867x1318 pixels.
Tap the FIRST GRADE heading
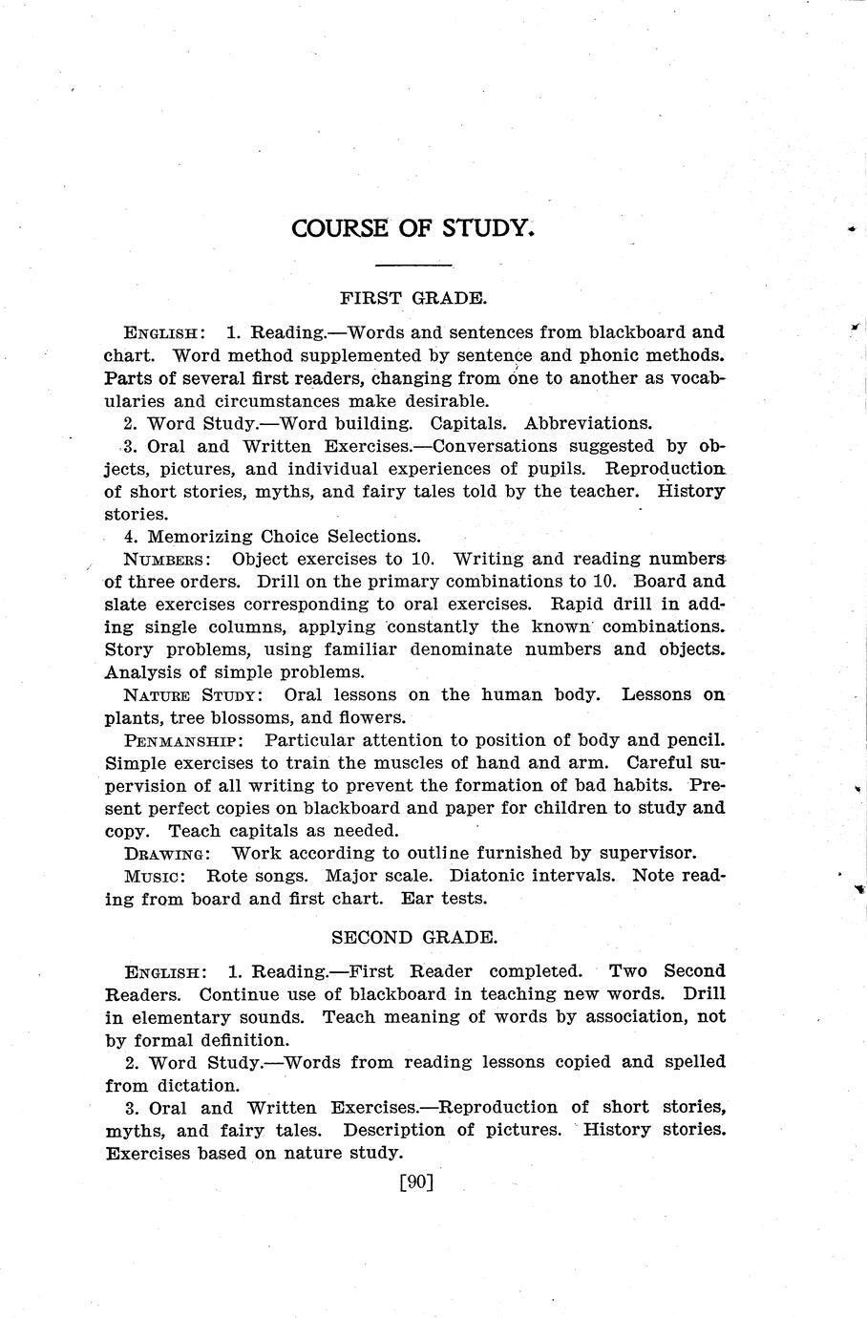pos(413,297)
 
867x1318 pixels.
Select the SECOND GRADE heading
pos(413,937)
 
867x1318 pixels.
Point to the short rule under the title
pos(413,265)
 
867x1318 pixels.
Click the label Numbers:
pos(167,559)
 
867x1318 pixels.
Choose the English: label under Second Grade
pos(165,972)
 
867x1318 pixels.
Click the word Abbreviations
pos(588,423)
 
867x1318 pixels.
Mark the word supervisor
pos(650,853)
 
